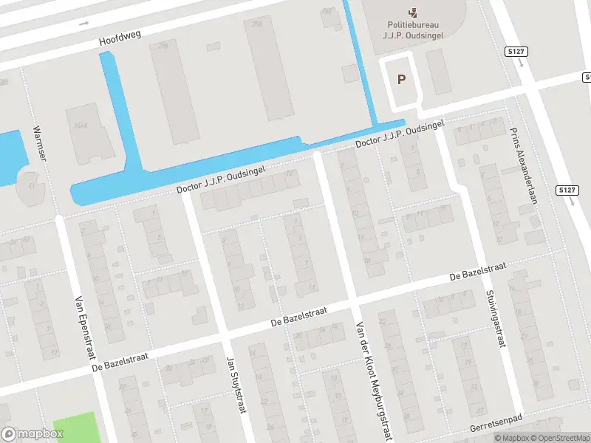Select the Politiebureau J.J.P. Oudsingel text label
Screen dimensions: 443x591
[412, 29]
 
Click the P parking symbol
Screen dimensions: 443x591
[401, 80]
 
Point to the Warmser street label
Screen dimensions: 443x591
[39, 144]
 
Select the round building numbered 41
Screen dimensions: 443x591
[30, 185]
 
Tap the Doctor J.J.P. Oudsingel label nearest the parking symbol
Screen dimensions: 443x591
[400, 134]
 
